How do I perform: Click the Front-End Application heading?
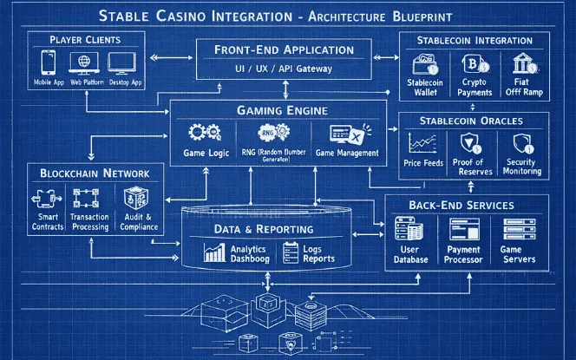tap(284, 49)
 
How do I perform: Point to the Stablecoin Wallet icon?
tap(425, 64)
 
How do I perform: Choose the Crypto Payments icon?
tap(474, 64)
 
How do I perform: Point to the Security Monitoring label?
tap(521, 167)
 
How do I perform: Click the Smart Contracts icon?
tap(49, 199)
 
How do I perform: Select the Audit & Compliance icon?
tap(136, 199)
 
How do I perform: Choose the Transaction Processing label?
tap(90, 222)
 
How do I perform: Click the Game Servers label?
tap(520, 254)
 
